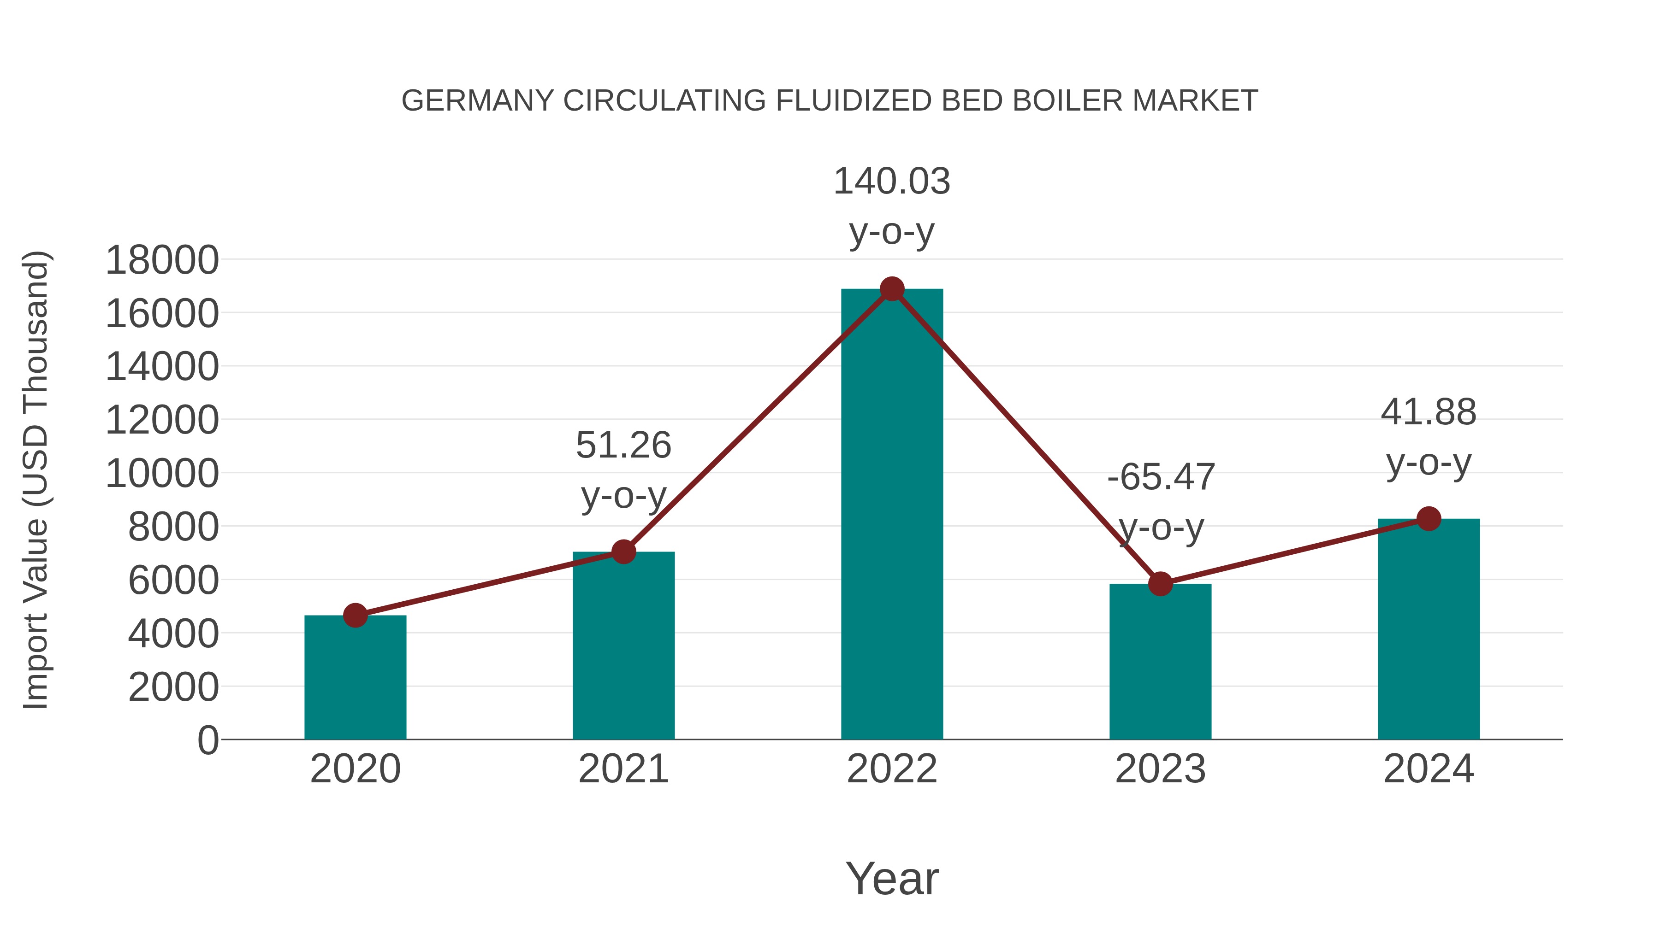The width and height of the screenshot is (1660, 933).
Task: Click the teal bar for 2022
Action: pos(892,515)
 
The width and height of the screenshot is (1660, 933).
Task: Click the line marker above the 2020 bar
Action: pos(355,616)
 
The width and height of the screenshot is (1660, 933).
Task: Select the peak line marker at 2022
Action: pos(892,289)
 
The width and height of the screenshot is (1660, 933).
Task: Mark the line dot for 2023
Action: pos(1160,584)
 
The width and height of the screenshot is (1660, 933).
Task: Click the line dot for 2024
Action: pos(1429,518)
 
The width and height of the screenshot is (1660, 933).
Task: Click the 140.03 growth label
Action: pos(892,181)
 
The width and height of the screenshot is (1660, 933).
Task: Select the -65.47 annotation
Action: pos(1161,477)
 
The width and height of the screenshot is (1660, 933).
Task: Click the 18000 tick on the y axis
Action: pos(162,261)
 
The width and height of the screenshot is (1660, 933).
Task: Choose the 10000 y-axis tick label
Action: pos(162,474)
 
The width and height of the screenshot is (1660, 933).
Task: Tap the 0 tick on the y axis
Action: pos(207,740)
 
